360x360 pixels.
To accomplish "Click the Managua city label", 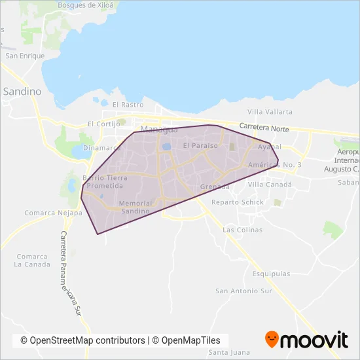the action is pos(159,128).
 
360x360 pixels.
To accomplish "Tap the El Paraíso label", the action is pos(200,145).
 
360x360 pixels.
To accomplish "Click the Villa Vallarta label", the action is pos(270,112).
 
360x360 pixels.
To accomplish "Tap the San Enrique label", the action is pos(25,56).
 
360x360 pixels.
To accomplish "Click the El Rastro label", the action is pos(128,105).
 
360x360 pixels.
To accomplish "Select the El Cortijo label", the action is pos(105,124).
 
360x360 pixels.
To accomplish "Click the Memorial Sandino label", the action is pos(136,207).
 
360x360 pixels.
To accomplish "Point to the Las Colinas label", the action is pos(242,230).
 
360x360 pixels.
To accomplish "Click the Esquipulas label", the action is pos(269,267).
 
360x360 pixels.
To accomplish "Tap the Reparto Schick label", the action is pos(238,202).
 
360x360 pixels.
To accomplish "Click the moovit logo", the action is pos(306,340).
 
